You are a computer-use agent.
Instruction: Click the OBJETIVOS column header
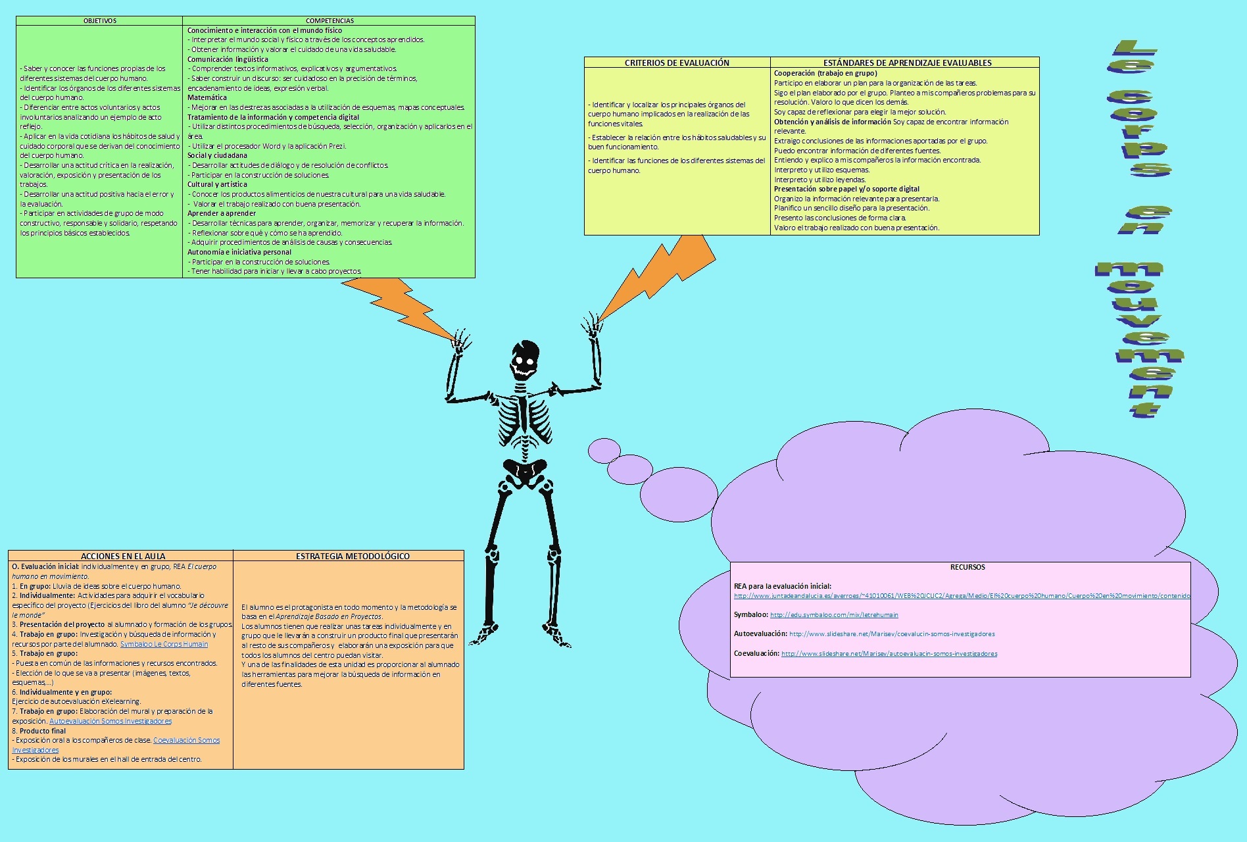pos(99,21)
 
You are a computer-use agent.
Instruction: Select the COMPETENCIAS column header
pos(330,21)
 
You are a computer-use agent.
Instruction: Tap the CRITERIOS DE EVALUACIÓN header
pos(677,62)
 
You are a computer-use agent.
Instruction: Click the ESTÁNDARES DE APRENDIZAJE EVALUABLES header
pos(907,62)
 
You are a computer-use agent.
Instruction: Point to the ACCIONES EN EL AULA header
pos(123,556)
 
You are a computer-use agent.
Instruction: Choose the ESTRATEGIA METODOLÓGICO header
pos(353,556)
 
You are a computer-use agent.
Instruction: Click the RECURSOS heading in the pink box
pos(967,567)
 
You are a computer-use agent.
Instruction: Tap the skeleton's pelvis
pos(524,470)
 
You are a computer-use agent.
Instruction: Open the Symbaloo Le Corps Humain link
pos(164,644)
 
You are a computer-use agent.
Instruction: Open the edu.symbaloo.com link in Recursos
pos(834,615)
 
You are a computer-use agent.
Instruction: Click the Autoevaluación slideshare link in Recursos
pos(892,634)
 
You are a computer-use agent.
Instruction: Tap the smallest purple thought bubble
pos(604,451)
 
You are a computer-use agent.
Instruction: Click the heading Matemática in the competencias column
pos(207,97)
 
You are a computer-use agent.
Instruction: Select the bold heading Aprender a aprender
pos(222,213)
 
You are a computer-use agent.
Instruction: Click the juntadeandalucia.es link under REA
pos(962,596)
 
